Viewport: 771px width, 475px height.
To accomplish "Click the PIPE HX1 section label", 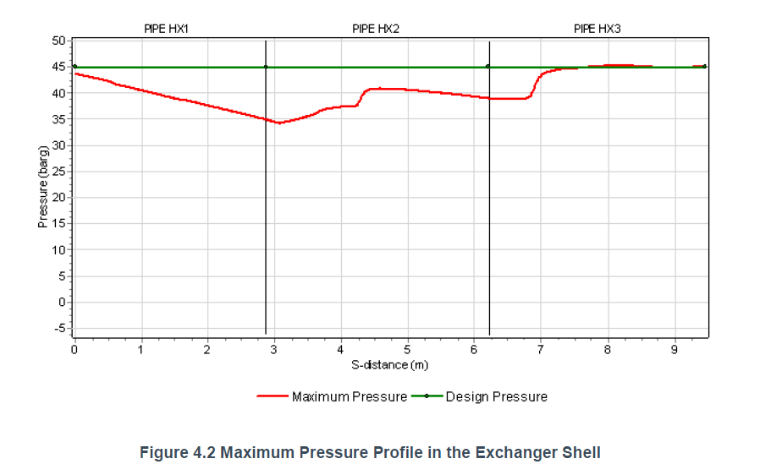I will point(166,29).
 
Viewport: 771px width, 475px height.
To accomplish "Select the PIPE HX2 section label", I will point(376,29).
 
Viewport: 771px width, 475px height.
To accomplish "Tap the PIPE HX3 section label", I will point(598,29).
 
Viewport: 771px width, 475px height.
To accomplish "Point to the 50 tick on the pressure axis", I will point(58,41).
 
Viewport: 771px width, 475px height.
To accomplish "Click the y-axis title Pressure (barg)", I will point(41,186).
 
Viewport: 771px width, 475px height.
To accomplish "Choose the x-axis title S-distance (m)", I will point(389,364).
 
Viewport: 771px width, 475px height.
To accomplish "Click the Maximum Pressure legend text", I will point(350,396).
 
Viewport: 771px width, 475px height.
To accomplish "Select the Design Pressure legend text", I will point(497,396).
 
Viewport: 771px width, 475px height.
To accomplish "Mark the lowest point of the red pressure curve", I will point(279,123).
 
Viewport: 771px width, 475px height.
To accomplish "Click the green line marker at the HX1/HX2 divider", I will point(266,67).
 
